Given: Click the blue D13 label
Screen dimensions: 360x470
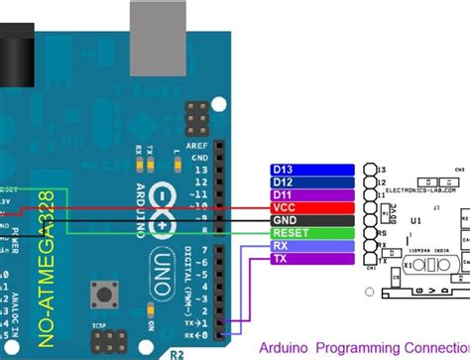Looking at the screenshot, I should tap(312, 170).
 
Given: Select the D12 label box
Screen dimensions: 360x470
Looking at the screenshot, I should tap(312, 182).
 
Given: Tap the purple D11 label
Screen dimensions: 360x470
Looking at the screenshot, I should tap(312, 195).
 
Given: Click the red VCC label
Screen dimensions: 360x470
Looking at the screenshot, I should tap(312, 207).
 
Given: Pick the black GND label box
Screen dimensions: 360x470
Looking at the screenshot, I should tap(312, 220).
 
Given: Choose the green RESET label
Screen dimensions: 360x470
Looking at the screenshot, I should tap(312, 233).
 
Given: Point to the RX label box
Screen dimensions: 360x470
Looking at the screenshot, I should tap(312, 246).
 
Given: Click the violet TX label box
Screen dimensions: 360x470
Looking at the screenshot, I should tap(312, 259).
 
